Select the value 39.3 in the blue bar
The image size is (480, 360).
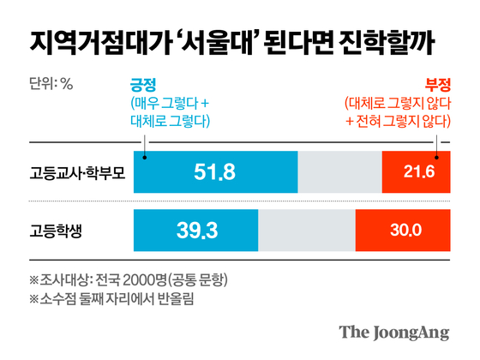click(195, 230)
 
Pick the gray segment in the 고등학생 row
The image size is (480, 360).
click(305, 230)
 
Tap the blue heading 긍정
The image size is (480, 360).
click(139, 84)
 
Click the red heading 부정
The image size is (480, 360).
click(437, 84)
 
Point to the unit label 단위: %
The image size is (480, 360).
click(51, 84)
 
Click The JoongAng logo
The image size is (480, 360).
click(393, 332)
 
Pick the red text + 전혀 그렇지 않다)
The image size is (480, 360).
click(399, 119)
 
